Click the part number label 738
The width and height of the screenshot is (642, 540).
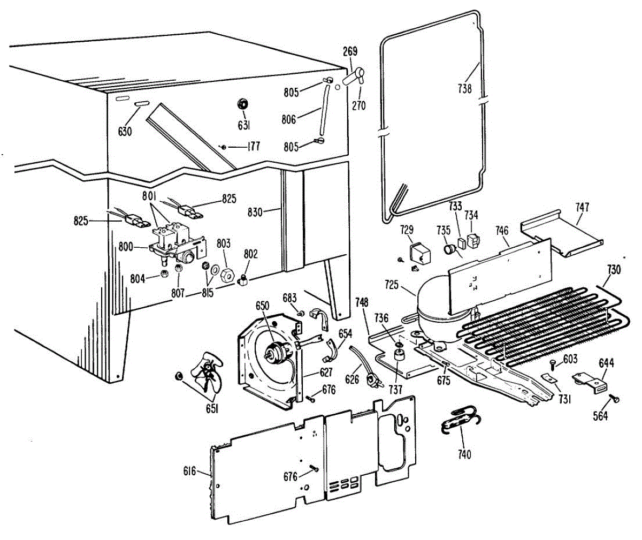tap(465, 88)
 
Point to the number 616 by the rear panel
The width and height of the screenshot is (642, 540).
tap(189, 471)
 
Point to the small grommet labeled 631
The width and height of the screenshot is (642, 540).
tap(243, 103)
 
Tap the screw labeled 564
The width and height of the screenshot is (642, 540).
tap(615, 398)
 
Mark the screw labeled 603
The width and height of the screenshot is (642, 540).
tap(553, 367)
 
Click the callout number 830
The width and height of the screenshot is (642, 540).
tap(255, 212)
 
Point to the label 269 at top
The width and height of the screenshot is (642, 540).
tap(350, 52)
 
